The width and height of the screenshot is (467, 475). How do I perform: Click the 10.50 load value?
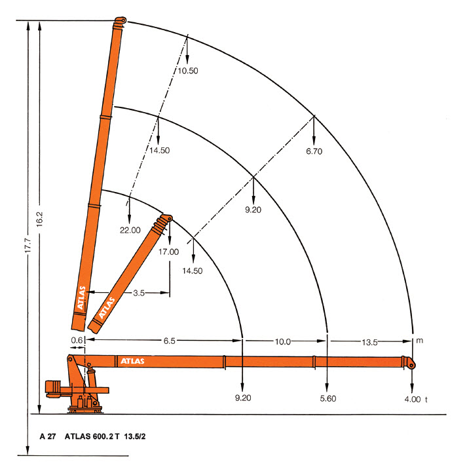click(x=188, y=71)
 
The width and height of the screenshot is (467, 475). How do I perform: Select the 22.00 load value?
click(x=130, y=230)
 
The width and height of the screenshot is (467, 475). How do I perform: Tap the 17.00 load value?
click(x=169, y=252)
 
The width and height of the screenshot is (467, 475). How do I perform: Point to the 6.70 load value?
click(x=314, y=151)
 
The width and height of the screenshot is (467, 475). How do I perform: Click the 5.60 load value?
click(x=328, y=398)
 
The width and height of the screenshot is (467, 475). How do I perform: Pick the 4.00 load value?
click(x=413, y=399)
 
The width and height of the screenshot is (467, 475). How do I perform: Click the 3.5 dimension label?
click(x=139, y=293)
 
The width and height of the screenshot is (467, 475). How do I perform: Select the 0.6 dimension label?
click(x=77, y=340)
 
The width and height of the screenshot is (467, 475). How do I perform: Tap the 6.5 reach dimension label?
click(x=169, y=341)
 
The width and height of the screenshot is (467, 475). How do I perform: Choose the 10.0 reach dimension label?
click(x=282, y=342)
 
